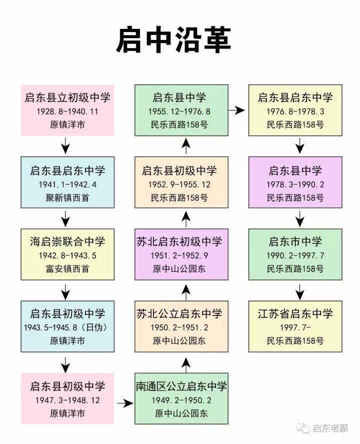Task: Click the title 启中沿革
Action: click(173, 40)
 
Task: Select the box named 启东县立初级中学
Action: click(67, 110)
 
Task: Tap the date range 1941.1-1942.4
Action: click(67, 184)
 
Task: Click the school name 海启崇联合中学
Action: click(67, 241)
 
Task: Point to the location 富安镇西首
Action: click(67, 268)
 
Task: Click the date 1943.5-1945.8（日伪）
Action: click(66, 327)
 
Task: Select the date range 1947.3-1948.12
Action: click(67, 400)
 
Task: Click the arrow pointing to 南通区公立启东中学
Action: click(125, 403)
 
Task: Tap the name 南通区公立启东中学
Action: click(181, 386)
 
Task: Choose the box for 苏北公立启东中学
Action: click(181, 326)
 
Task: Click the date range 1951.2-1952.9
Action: click(179, 255)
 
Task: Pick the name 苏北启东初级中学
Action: click(179, 241)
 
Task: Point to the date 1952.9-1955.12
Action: click(179, 184)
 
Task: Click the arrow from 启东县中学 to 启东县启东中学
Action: click(237, 110)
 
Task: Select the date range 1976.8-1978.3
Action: click(295, 111)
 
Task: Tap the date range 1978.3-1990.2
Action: click(295, 184)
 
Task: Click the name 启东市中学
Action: click(295, 241)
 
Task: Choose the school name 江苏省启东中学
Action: click(295, 313)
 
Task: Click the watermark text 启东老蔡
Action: click(330, 428)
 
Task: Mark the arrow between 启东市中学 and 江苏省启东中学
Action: click(299, 291)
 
